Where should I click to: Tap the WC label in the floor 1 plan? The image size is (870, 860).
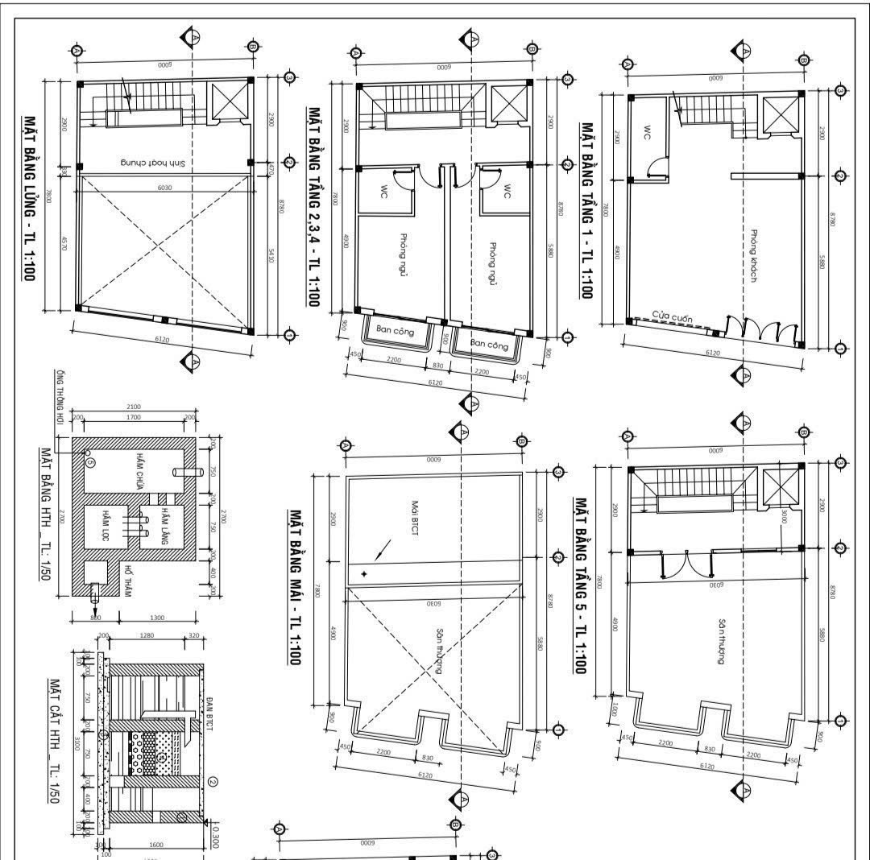[x=646, y=131]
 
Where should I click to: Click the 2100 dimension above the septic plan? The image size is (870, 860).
[x=134, y=406]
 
